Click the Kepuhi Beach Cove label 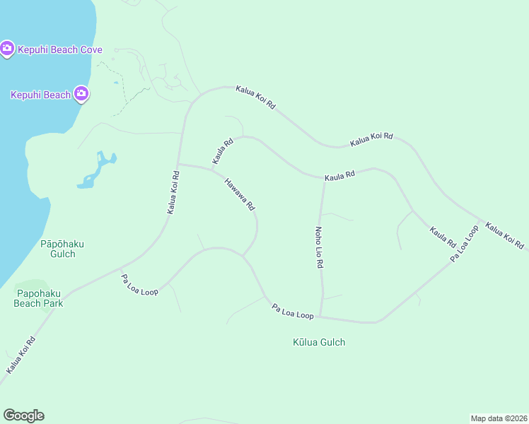pyautogui.click(x=60, y=49)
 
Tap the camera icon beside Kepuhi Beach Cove pyautogui.click(x=7, y=49)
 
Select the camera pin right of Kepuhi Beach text pyautogui.click(x=82, y=93)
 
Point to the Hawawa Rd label pyautogui.click(x=240, y=194)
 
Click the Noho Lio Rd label pyautogui.click(x=319, y=247)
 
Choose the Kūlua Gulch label pyautogui.click(x=319, y=343)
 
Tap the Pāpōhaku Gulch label pyautogui.click(x=62, y=249)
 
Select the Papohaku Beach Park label pyautogui.click(x=39, y=298)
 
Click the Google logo pyautogui.click(x=23, y=416)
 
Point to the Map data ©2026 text pyautogui.click(x=499, y=418)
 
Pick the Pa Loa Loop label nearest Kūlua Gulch pyautogui.click(x=293, y=311)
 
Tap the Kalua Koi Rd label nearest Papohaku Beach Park pyautogui.click(x=21, y=355)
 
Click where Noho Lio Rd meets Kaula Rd pyautogui.click(x=323, y=179)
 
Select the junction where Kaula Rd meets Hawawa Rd pyautogui.click(x=212, y=170)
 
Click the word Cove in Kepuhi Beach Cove pyautogui.click(x=91, y=49)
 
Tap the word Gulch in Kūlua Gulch pyautogui.click(x=332, y=343)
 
